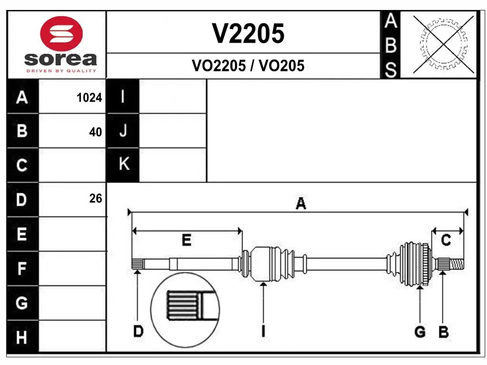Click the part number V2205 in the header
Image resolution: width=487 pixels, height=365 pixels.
248,34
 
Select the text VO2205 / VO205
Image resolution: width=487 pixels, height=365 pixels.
248,66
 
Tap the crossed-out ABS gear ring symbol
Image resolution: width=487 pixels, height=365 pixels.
444,45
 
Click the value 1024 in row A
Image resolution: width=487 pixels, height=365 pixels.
89,98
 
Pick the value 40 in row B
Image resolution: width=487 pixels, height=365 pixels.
96,132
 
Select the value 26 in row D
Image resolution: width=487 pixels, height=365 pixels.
96,199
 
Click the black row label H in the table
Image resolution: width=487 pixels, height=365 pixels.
22,338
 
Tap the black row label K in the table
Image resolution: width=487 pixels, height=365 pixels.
124,164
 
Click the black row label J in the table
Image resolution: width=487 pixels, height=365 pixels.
123,131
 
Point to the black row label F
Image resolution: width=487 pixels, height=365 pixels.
22,269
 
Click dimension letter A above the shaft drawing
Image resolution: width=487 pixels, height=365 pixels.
301,204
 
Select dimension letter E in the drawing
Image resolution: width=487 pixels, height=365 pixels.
186,240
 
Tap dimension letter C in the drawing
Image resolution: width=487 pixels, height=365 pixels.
446,240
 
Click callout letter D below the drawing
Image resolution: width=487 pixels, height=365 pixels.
138,331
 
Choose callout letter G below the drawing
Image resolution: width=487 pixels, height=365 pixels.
419,332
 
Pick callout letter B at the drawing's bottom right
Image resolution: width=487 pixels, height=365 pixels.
443,332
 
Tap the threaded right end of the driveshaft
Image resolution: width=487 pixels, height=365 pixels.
457,263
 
